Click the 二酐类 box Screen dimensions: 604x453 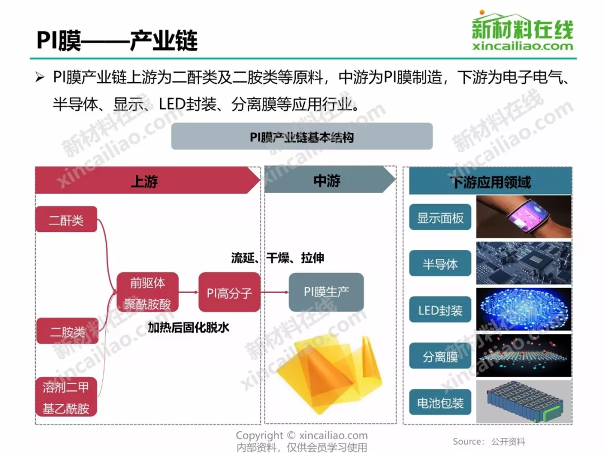pyautogui.click(x=66, y=219)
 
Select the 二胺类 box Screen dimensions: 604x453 pyautogui.click(x=68, y=331)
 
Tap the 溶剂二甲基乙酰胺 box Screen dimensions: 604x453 pyautogui.click(x=66, y=397)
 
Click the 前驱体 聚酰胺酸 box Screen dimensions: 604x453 pyautogui.click(x=148, y=292)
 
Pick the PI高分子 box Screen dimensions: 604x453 pyautogui.click(x=230, y=292)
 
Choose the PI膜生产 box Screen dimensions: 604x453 pyautogui.click(x=326, y=292)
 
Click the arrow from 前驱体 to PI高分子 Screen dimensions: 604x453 pyautogui.click(x=189, y=292)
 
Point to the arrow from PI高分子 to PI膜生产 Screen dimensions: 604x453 pyautogui.click(x=275, y=292)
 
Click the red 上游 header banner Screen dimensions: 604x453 pyautogui.click(x=148, y=180)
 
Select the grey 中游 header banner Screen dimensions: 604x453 pyautogui.click(x=330, y=180)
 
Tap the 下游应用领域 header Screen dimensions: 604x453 pyautogui.click(x=490, y=181)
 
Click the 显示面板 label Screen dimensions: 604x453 pyautogui.click(x=440, y=217)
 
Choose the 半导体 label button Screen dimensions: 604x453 pyautogui.click(x=440, y=263)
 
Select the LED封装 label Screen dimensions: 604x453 pyautogui.click(x=440, y=310)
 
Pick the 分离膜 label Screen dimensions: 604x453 pyautogui.click(x=440, y=356)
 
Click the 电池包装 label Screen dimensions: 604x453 pyautogui.click(x=440, y=402)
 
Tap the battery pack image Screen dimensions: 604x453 pyautogui.click(x=524, y=402)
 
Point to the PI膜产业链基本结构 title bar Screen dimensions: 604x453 pyautogui.click(x=302, y=136)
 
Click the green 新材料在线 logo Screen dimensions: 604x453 pyautogui.click(x=523, y=31)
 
